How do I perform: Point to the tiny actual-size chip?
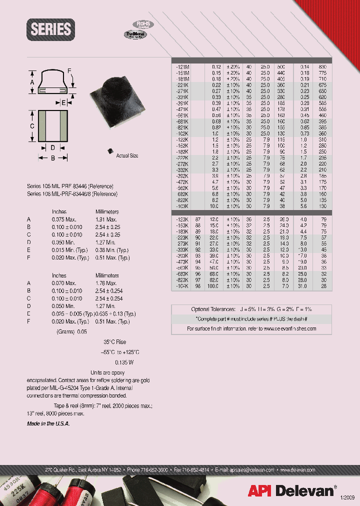109,148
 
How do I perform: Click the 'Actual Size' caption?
127,156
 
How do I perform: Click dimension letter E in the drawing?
63,102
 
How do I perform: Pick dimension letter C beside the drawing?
31,126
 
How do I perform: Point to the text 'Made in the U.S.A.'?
48,423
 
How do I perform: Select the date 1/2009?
348,496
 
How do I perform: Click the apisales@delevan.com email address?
252,470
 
